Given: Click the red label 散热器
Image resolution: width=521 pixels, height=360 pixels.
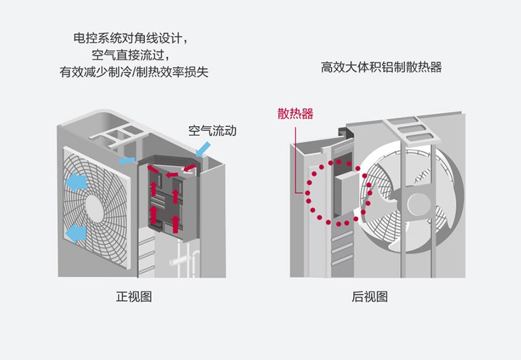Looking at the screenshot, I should coord(295,114).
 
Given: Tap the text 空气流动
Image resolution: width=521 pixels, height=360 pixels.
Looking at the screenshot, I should coord(212,131).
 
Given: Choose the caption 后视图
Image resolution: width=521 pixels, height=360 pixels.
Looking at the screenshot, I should coord(370,297).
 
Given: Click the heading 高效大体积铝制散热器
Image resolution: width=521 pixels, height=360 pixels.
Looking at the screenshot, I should coord(381,67).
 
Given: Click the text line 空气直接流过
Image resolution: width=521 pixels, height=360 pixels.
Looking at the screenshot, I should coord(131,55).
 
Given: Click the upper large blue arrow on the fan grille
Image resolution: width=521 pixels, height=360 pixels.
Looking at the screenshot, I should coord(77,182).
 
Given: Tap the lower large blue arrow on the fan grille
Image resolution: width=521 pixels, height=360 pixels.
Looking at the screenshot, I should coord(76,233).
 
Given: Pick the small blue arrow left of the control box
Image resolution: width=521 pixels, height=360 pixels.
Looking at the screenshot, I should coord(126,160).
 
